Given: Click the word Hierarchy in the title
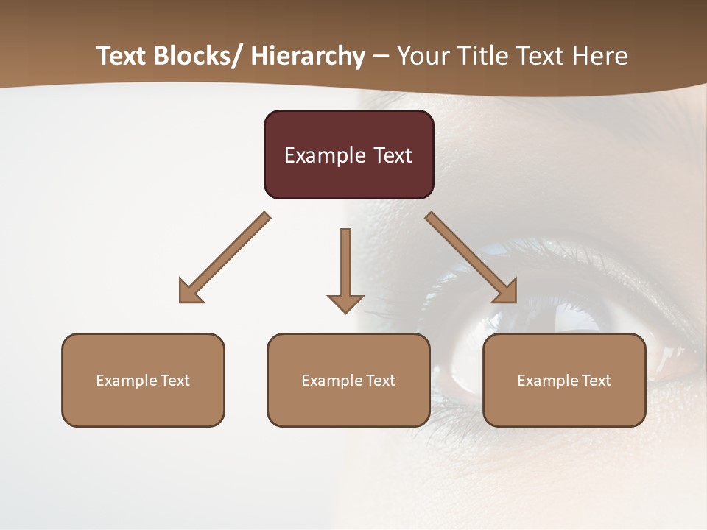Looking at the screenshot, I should tap(308, 57).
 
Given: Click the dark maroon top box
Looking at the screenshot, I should tap(348, 155).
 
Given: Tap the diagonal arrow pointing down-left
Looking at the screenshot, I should tap(225, 258).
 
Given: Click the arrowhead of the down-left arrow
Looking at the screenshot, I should tap(189, 292).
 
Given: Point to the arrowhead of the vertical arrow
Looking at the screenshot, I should tap(345, 303).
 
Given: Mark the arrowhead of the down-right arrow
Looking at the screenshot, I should tap(506, 292).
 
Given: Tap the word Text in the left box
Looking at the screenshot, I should tap(175, 381).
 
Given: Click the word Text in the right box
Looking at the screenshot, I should tap(597, 381).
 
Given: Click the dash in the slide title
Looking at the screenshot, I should tap(381, 57).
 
